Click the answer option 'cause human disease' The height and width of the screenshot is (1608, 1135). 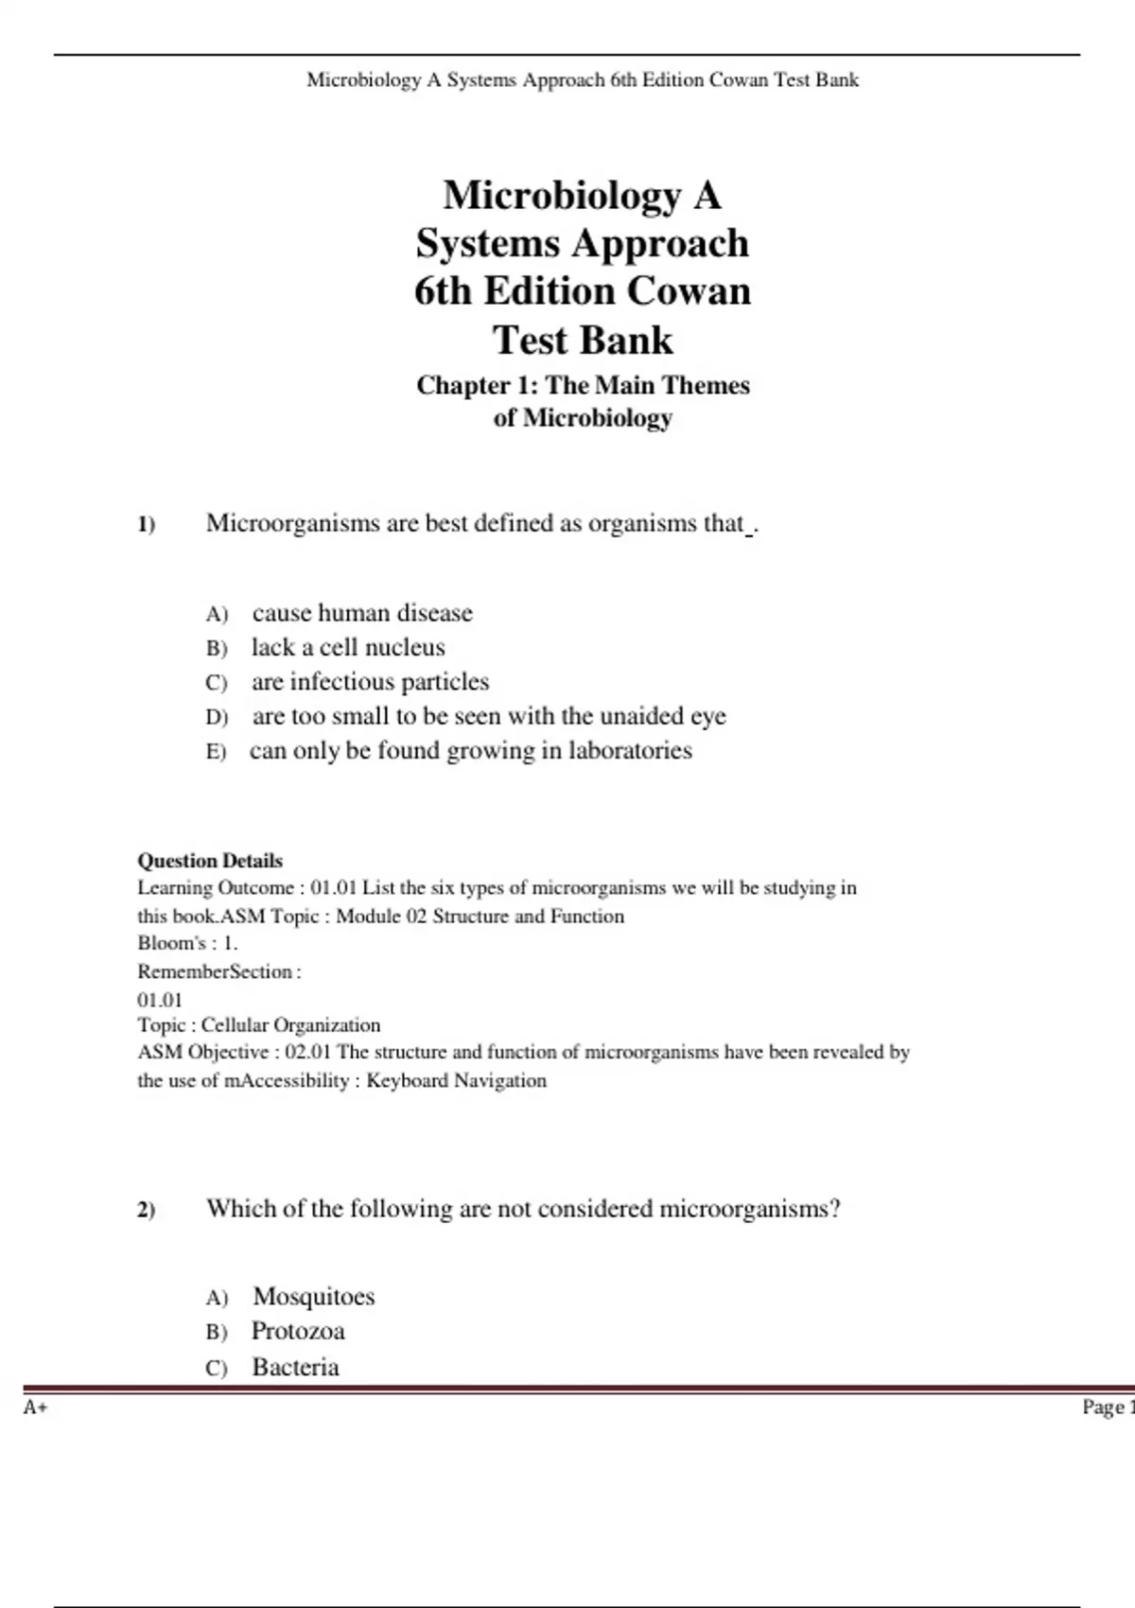362,613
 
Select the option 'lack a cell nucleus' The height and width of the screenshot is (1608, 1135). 347,648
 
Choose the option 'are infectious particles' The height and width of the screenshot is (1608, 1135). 370,682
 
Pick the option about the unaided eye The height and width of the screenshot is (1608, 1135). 489,716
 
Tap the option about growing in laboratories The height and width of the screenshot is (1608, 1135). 470,751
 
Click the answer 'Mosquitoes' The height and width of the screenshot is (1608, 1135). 313,1297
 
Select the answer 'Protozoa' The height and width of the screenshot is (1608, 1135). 298,1332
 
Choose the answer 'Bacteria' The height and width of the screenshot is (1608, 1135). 295,1367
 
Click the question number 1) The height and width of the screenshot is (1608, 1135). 147,525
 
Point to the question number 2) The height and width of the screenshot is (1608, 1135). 147,1210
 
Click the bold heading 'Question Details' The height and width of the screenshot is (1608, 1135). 210,861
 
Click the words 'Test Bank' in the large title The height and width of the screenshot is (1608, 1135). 583,340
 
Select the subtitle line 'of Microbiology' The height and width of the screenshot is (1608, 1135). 583,417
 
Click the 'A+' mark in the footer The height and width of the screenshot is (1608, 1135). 36,1407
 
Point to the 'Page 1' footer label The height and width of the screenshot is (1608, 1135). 1107,1407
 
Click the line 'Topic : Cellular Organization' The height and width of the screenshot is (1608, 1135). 259,1025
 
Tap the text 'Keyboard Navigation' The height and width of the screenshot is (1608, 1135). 456,1080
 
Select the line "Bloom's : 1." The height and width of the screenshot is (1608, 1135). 187,943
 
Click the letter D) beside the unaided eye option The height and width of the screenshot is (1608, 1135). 217,717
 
